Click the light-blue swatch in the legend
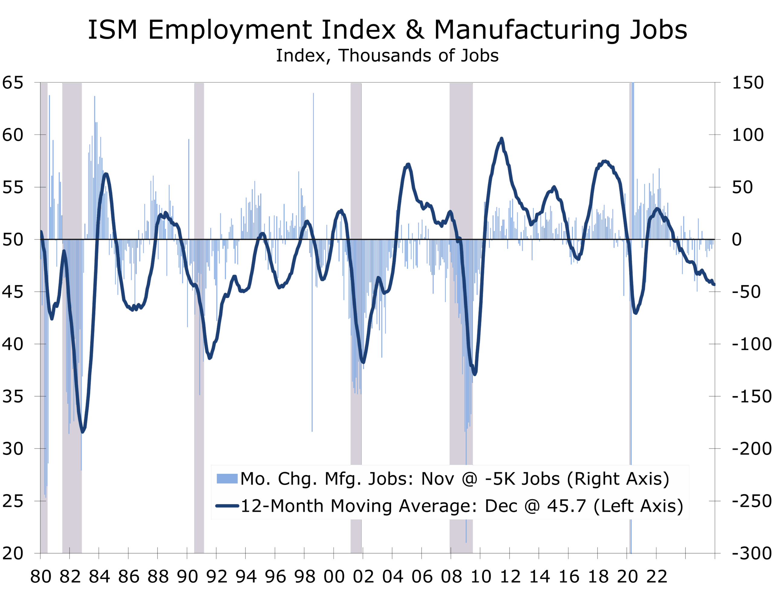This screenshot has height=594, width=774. point(227,479)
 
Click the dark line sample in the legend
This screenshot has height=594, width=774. point(227,506)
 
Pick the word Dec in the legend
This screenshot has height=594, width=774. point(500,506)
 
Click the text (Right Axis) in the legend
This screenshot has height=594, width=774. point(618,479)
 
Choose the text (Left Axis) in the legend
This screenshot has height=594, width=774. point(638,506)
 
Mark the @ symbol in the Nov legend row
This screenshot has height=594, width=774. point(470,479)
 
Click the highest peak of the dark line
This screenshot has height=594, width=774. point(501,138)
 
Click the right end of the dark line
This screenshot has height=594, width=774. point(714,285)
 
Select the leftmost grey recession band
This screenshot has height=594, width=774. point(44,318)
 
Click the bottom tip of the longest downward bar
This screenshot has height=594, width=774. point(466,542)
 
